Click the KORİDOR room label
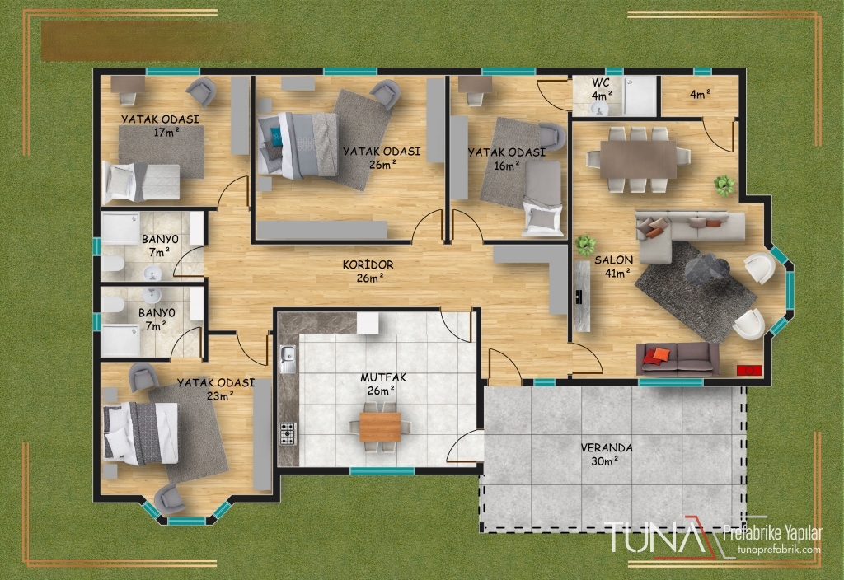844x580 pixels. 368,264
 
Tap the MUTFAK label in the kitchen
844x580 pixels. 383,377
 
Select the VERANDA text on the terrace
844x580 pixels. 607,447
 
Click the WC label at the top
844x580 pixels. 601,83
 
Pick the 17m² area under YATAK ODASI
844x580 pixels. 166,132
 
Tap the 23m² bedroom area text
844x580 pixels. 220,396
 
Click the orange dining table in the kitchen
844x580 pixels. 380,426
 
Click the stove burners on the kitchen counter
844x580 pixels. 288,433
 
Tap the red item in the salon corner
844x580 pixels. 748,370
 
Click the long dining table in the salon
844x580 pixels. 638,159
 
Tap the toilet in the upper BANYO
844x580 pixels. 112,264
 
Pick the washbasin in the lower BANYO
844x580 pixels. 152,295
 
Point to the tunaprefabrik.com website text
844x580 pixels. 780,550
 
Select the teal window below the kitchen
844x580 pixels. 382,470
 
